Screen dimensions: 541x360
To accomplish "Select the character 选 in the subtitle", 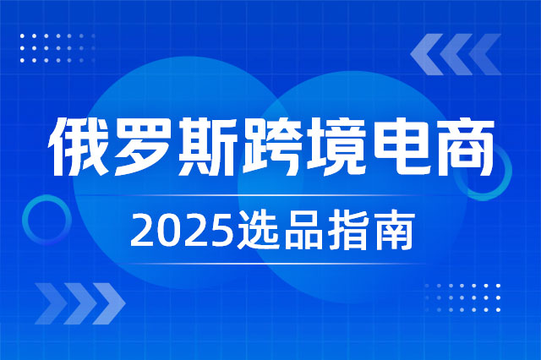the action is point(257,231).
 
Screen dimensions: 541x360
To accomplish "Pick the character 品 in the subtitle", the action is point(303,231).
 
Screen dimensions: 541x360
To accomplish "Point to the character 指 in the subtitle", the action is point(347,231).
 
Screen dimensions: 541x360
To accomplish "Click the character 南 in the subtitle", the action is point(394,231).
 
